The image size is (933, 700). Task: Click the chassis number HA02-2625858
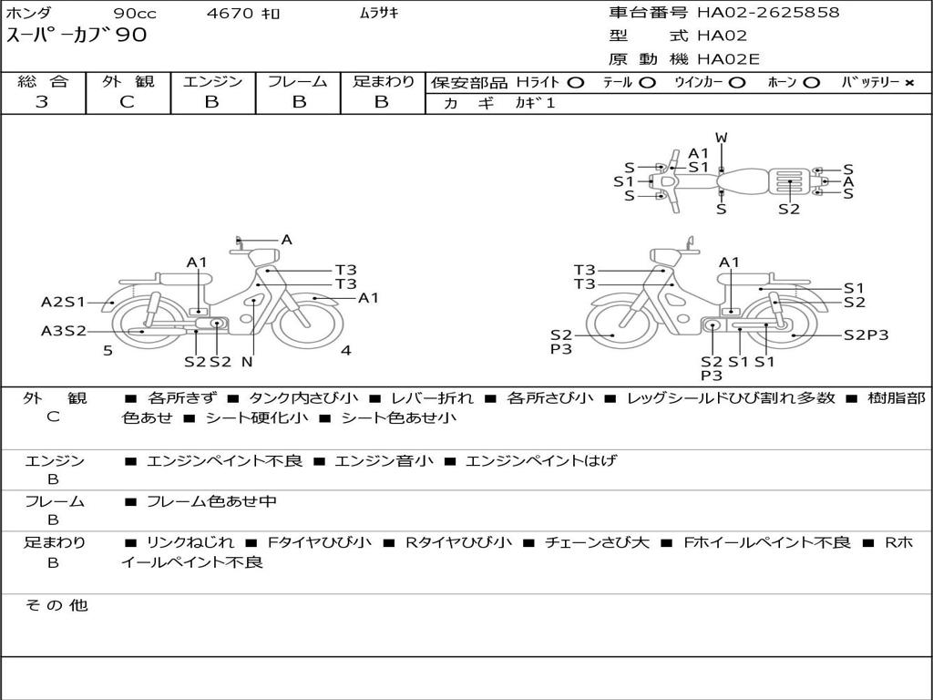[x=768, y=13]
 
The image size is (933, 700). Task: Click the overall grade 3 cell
[x=42, y=102]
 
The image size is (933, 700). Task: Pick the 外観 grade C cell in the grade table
[x=127, y=102]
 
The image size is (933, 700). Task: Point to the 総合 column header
[x=42, y=82]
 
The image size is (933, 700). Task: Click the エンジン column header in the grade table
[x=212, y=82]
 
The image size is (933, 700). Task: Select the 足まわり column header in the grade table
[x=383, y=82]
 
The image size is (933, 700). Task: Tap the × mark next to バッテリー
[x=908, y=83]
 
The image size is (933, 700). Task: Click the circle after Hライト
[x=575, y=83]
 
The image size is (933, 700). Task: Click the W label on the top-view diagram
[x=721, y=138]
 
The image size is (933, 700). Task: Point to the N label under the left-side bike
[x=247, y=362]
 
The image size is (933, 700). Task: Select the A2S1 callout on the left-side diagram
[x=63, y=302]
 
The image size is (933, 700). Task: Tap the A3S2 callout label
[x=63, y=331]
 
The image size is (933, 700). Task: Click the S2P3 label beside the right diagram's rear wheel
[x=866, y=335]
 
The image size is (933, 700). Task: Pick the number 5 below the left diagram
[x=108, y=350]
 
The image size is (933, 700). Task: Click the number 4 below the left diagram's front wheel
[x=345, y=350]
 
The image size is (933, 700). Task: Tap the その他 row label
[x=56, y=605]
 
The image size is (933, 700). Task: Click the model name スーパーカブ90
[x=77, y=36]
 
